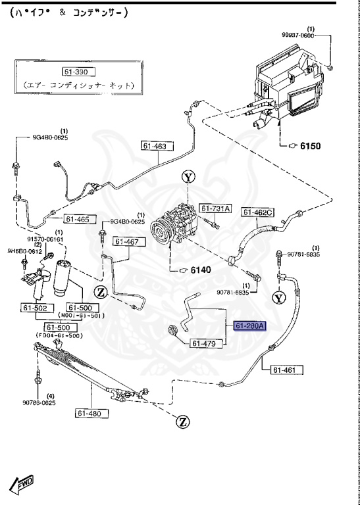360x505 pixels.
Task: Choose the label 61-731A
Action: [x=216, y=208]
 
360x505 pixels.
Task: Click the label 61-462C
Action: [x=259, y=212]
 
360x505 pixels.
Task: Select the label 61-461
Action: [x=286, y=370]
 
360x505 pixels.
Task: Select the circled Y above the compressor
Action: [x=189, y=177]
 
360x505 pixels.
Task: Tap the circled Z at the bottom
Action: [x=182, y=421]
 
